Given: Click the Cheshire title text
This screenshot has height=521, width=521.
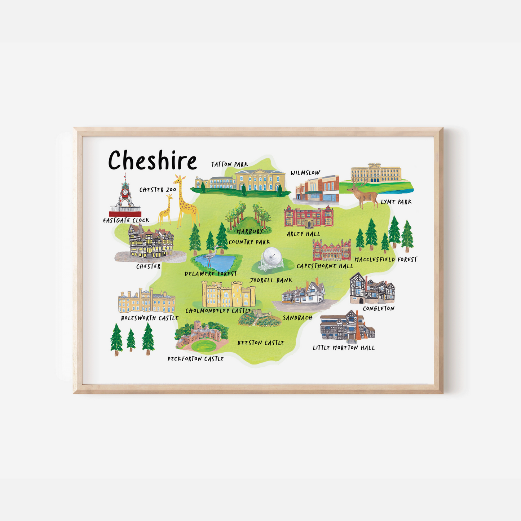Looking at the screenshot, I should point(153,160).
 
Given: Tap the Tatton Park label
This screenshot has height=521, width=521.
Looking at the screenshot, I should point(230,164).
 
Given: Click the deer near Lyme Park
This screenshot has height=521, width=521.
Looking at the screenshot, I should point(364,195).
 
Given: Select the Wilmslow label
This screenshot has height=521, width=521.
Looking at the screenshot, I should point(305,173).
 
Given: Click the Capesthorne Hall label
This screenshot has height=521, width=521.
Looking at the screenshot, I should point(325,266).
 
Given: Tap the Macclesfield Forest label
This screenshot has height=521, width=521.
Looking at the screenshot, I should point(386,260).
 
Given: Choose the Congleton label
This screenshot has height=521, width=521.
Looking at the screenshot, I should point(379,309).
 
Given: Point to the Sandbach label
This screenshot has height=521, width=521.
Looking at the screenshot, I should point(297,318).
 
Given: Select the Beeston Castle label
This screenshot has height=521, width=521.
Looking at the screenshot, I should point(261,343).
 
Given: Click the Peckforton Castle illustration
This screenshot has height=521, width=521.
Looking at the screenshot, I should point(202,336).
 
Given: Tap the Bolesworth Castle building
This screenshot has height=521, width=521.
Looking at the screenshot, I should point(146,301).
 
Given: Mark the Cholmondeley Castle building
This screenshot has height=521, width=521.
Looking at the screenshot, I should point(228,295).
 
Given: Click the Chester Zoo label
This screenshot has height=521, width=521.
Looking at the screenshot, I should point(158,190).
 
